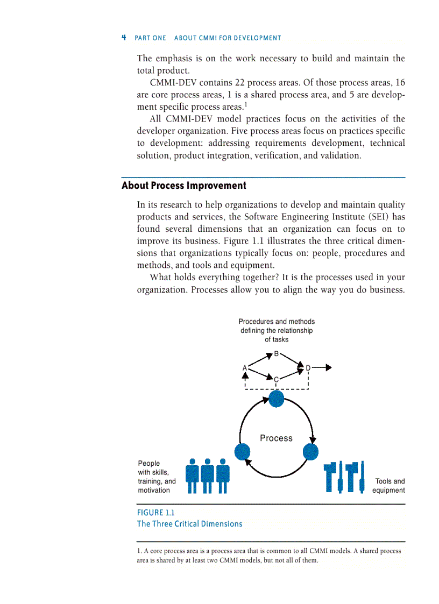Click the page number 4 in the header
tap(124, 38)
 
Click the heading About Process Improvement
tap(183, 186)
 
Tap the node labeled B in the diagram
tap(276, 354)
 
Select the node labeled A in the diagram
tap(244, 368)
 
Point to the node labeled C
tap(276, 380)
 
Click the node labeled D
tap(308, 368)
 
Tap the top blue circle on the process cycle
tap(276, 399)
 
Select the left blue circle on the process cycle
tap(242, 452)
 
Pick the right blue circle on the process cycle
tap(310, 452)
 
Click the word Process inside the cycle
tap(276, 438)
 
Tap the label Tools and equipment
tap(389, 486)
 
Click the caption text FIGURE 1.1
tap(155, 513)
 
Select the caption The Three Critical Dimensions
tap(189, 524)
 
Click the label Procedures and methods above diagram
tap(277, 322)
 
